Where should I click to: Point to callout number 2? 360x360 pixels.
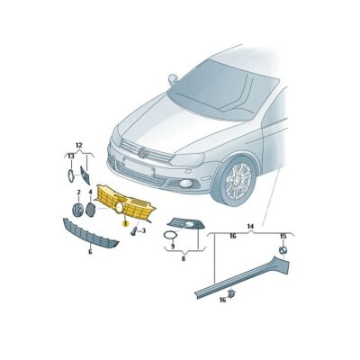78,192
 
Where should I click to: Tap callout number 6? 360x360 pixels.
90,253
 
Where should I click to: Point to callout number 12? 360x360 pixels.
78,146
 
